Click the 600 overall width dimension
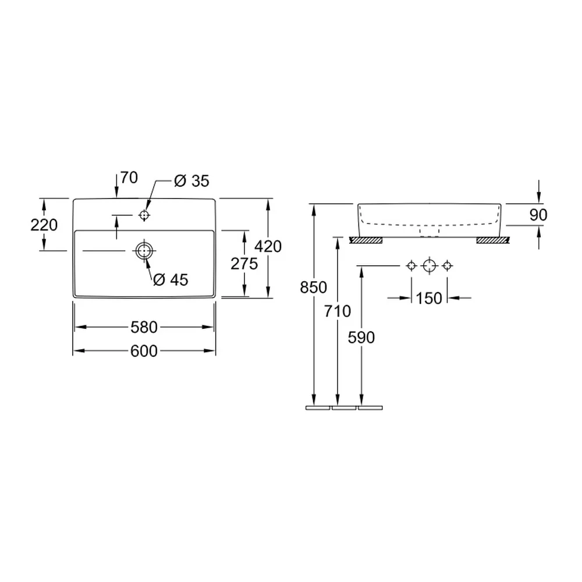144,351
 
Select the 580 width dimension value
144,327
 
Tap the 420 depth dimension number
268,246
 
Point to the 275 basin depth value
244,264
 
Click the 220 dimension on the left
44,225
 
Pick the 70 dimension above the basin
129,178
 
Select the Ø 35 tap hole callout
192,181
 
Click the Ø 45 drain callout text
171,280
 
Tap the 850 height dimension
314,288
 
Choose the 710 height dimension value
338,311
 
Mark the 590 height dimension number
361,338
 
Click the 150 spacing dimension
429,298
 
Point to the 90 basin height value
538,215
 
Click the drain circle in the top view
144,251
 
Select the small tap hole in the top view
144,215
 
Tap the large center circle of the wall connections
430,266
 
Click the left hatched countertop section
366,240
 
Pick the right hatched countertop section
493,240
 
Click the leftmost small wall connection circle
411,266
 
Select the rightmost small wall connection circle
447,266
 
